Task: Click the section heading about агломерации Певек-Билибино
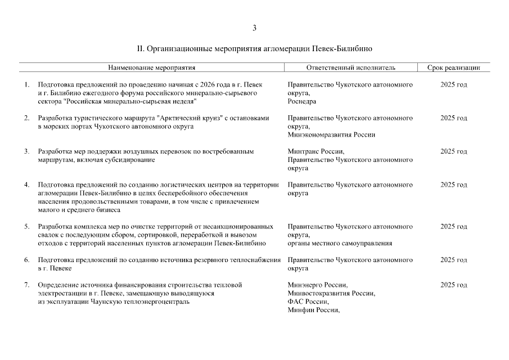pyautogui.click(x=254, y=49)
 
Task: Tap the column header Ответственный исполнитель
pyautogui.click(x=350, y=67)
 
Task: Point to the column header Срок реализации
pyautogui.click(x=453, y=67)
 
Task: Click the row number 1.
pyautogui.click(x=26, y=85)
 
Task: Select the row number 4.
pyautogui.click(x=26, y=185)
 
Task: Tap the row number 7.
pyautogui.click(x=26, y=285)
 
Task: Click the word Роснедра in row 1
pyautogui.click(x=301, y=102)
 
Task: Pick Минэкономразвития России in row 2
pyautogui.click(x=331, y=135)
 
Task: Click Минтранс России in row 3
pyautogui.click(x=315, y=152)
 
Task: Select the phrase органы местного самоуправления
pyautogui.click(x=340, y=244)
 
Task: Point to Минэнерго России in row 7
pyautogui.click(x=317, y=285)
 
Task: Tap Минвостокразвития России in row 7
pyautogui.click(x=331, y=294)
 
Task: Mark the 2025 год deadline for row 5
pyautogui.click(x=453, y=227)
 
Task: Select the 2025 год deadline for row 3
pyautogui.click(x=453, y=152)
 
